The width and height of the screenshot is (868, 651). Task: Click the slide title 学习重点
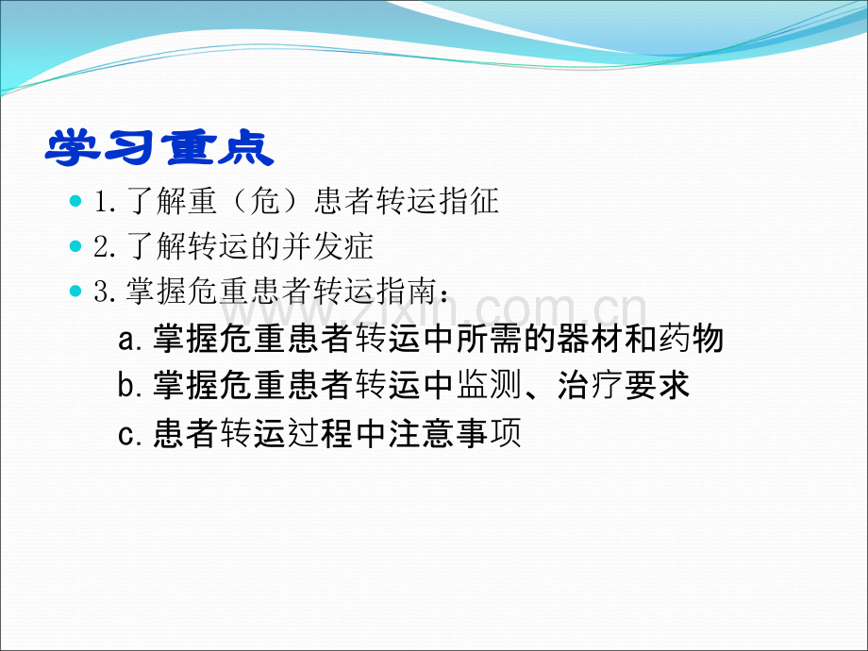[159, 148]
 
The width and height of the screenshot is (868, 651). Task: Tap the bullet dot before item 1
[75, 200]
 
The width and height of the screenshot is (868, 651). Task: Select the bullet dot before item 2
[75, 245]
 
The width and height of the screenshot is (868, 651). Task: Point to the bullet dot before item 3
[75, 290]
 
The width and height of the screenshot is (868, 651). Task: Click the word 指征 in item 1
[468, 200]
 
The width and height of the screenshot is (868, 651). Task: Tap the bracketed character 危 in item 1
[264, 200]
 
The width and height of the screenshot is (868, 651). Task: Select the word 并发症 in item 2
[327, 245]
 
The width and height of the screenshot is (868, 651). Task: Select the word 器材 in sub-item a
[590, 338]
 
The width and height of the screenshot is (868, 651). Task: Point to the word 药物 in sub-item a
[691, 338]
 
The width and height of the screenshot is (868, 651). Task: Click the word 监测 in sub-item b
[489, 385]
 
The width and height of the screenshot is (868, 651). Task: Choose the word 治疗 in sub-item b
[590, 385]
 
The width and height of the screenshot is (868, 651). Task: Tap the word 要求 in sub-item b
[657, 385]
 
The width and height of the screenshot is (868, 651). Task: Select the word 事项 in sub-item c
[489, 433]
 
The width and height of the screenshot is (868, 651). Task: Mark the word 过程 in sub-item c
[320, 433]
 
